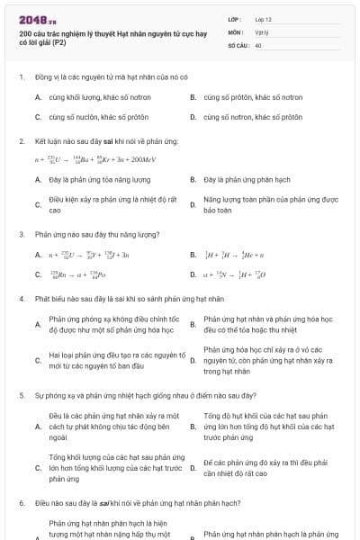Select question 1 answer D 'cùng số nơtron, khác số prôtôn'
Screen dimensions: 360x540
click(x=253, y=117)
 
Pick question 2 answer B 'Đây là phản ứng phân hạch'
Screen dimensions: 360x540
click(x=244, y=180)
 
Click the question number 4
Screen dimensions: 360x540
click(x=21, y=298)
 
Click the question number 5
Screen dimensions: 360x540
click(x=21, y=395)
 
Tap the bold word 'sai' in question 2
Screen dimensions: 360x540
click(x=105, y=141)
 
